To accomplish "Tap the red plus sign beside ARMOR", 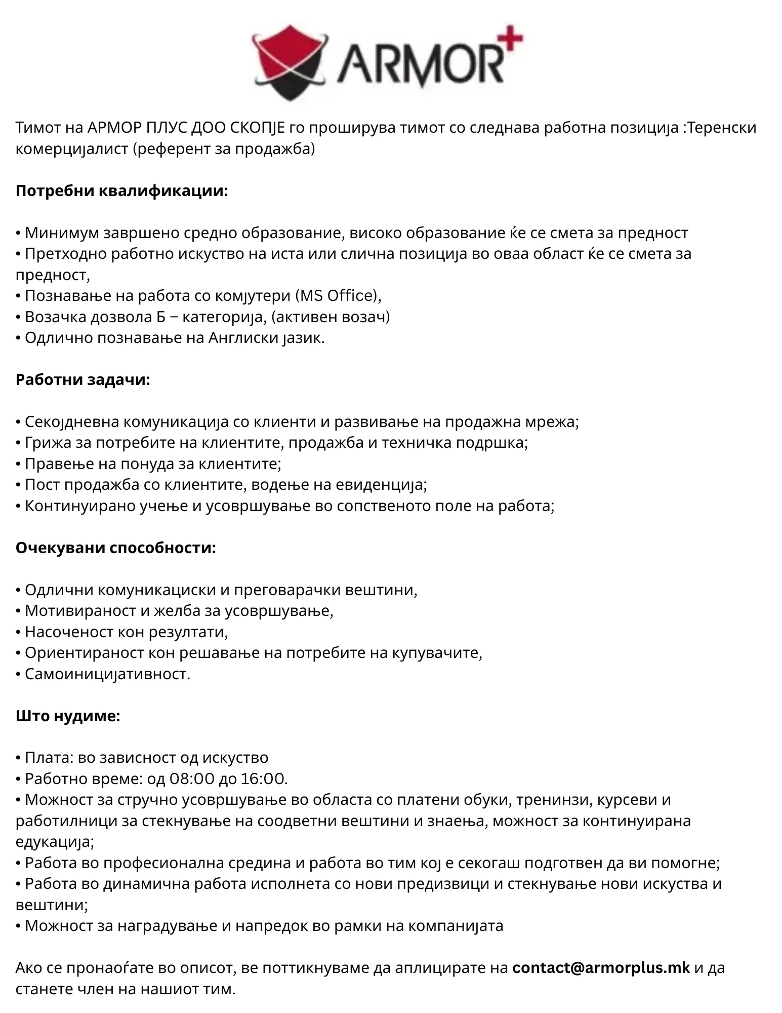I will pos(511,38).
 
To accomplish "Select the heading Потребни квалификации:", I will pos(122,191).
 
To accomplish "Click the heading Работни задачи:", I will pos(83,379).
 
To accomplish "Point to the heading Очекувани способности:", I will pos(116,548).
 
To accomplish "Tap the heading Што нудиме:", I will pos(68,716).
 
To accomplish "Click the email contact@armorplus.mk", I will pos(601,968).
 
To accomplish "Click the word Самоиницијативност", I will pos(107,674).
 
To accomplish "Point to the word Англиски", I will pos(242,338).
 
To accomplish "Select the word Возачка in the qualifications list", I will pos(56,317).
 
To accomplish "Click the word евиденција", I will pos(381,485).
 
